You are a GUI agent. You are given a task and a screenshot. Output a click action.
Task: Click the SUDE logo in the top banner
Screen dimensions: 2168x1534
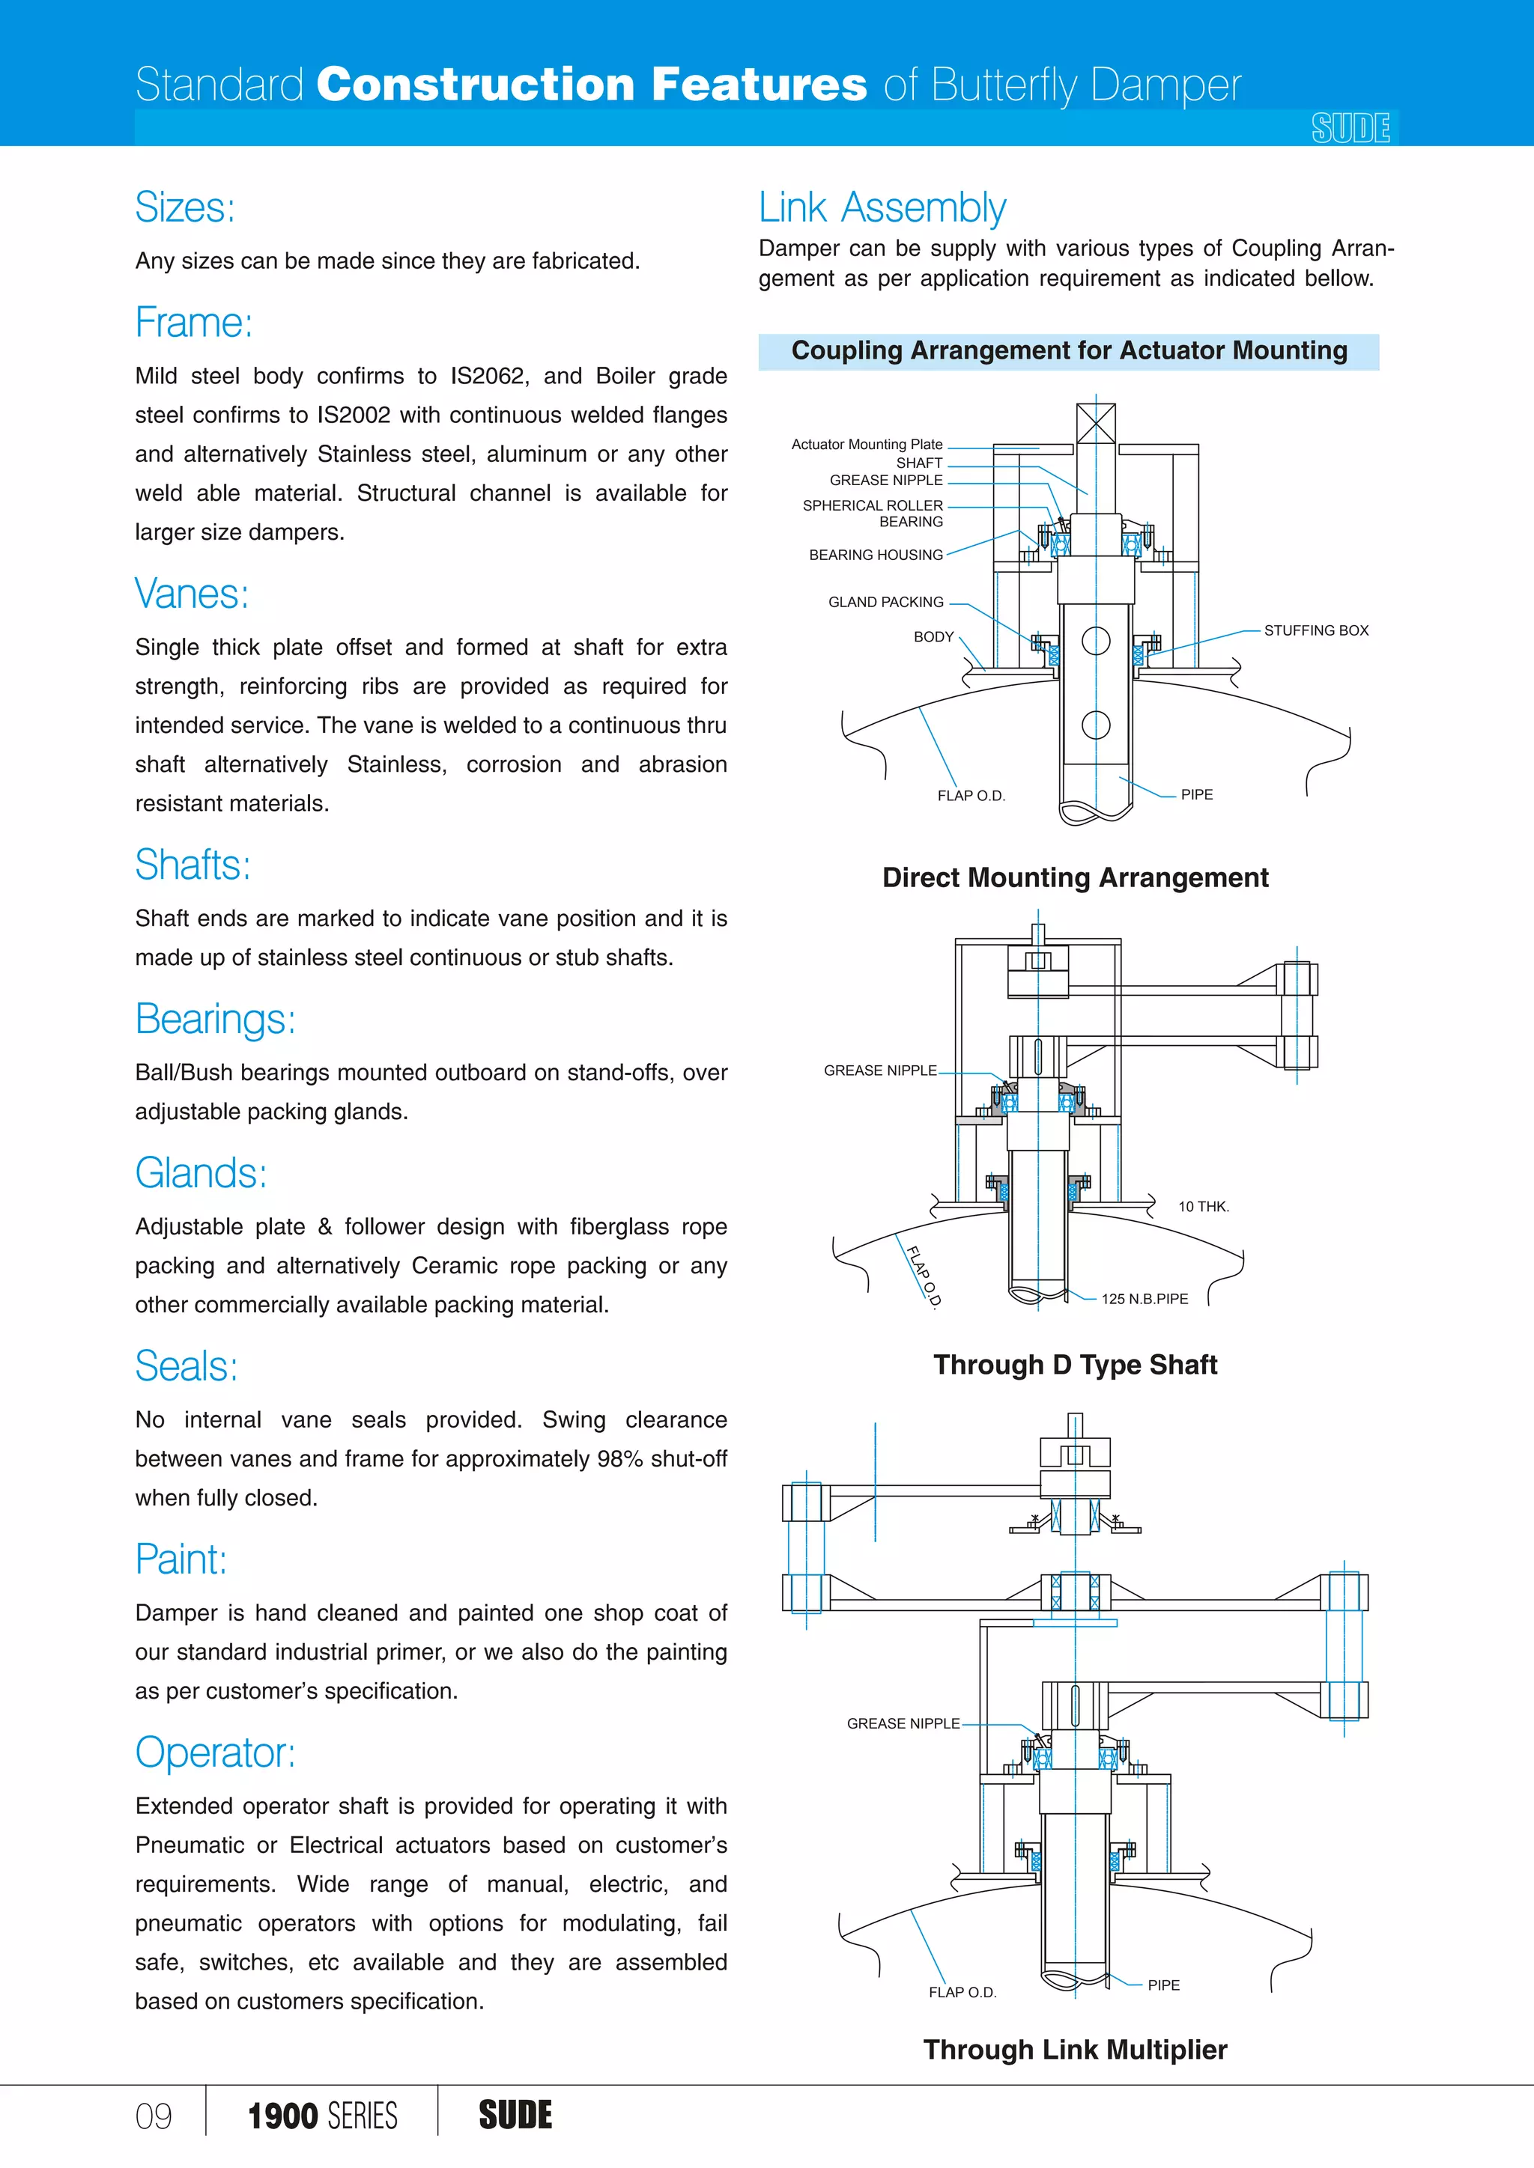pyautogui.click(x=1350, y=127)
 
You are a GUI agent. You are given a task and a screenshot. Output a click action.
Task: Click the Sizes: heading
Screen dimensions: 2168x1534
pyautogui.click(x=185, y=207)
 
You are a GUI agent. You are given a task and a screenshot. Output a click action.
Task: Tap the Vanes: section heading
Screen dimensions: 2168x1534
pyautogui.click(x=192, y=594)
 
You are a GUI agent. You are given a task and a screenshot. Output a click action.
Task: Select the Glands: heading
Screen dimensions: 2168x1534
pyautogui.click(x=201, y=1173)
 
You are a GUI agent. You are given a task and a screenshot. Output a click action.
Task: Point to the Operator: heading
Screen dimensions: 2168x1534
pyautogui.click(x=216, y=1753)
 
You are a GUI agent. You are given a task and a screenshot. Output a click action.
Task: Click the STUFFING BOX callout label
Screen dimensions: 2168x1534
pyautogui.click(x=1316, y=631)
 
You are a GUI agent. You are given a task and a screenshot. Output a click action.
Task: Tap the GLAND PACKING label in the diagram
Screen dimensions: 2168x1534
pyautogui.click(x=885, y=603)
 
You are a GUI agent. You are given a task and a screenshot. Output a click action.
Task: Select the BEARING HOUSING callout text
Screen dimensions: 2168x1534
pyautogui.click(x=876, y=555)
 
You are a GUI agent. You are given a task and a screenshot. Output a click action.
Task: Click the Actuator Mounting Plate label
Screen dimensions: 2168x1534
pyautogui.click(x=866, y=445)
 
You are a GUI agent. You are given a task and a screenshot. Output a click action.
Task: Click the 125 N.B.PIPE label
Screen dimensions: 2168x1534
pyautogui.click(x=1144, y=1300)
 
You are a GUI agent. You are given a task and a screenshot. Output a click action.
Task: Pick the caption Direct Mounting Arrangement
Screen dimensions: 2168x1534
pyautogui.click(x=1075, y=878)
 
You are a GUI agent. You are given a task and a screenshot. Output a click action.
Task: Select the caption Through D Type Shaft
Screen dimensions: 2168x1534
pyautogui.click(x=1075, y=1365)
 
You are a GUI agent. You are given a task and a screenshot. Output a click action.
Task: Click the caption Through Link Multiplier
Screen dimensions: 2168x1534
pyautogui.click(x=1075, y=2050)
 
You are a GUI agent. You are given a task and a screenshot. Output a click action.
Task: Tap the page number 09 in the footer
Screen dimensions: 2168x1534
pyautogui.click(x=154, y=2117)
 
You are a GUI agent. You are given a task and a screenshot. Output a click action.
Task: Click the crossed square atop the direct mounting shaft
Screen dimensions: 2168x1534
pyautogui.click(x=1096, y=423)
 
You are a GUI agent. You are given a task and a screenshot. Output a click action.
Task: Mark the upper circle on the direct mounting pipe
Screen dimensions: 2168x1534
pyautogui.click(x=1096, y=641)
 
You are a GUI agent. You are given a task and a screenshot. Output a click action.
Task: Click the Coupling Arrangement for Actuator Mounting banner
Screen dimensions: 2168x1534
pyautogui.click(x=1068, y=351)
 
